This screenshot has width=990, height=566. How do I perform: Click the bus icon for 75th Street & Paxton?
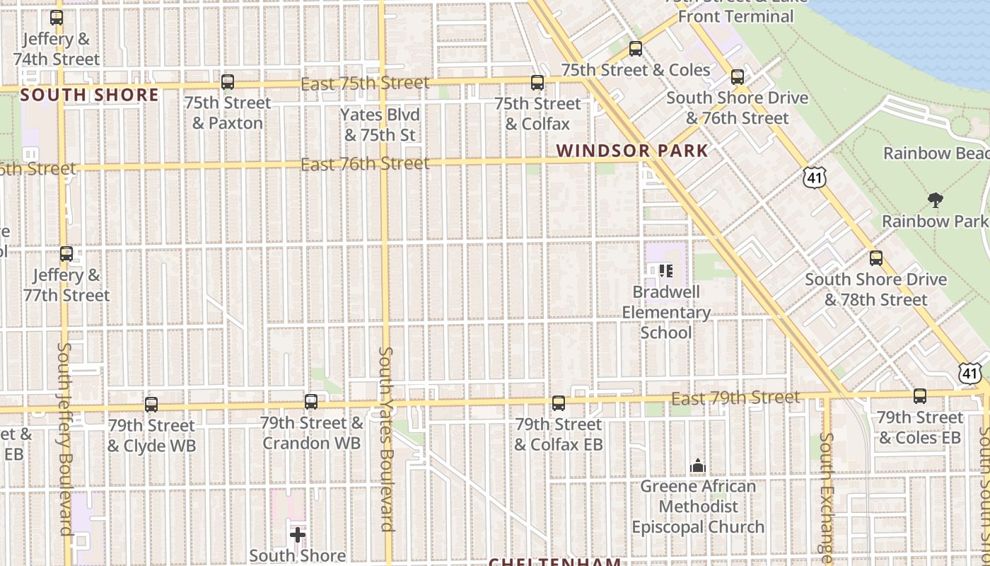point(228,82)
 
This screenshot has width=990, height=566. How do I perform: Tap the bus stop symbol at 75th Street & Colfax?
point(537,83)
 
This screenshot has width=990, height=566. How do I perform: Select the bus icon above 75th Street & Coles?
point(636,49)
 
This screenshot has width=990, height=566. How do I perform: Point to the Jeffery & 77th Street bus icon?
point(66,254)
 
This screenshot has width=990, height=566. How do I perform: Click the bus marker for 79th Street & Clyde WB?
point(151,405)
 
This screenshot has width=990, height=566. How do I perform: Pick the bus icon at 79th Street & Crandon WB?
point(311,402)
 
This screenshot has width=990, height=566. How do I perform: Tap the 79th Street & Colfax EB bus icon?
point(559,403)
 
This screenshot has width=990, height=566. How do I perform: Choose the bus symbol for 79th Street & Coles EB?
point(920,396)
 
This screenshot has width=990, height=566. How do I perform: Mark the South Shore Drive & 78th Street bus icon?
point(876,258)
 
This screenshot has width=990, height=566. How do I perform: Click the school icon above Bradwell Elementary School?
point(665,270)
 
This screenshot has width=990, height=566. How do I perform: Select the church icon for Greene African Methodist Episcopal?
point(698,466)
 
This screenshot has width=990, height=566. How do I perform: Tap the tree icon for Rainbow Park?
point(936,200)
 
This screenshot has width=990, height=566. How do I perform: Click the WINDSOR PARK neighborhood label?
point(631,151)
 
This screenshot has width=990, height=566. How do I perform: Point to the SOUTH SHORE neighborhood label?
point(90,95)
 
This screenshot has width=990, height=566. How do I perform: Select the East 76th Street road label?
point(365,164)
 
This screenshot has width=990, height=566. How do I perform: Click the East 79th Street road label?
point(735,398)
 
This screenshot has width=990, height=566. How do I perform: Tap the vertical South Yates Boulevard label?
point(386,439)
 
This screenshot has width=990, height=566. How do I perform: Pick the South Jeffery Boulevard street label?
point(66,439)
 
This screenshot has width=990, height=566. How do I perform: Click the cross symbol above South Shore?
point(298,534)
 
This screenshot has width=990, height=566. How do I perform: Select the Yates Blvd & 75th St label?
point(380,125)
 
